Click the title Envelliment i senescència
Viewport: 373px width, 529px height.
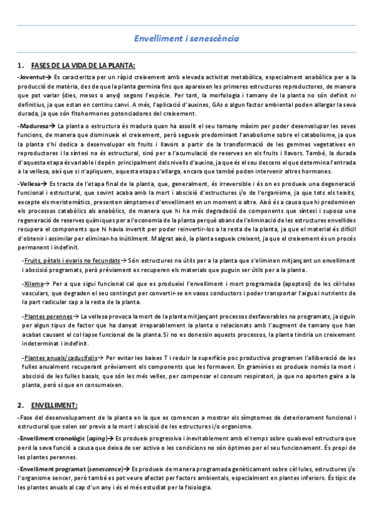tap(186, 39)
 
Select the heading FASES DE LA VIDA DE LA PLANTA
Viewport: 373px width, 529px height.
tap(82, 66)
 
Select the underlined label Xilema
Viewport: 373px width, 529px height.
tap(33, 283)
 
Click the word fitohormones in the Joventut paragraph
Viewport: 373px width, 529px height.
tap(81, 113)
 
